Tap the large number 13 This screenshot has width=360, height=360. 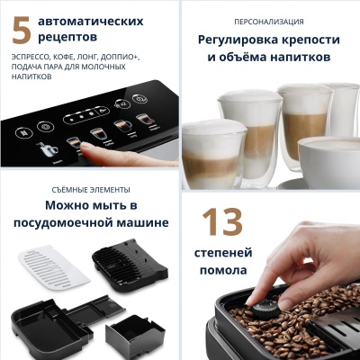click(222, 222)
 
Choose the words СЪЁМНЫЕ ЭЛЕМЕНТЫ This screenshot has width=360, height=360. click(91, 190)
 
